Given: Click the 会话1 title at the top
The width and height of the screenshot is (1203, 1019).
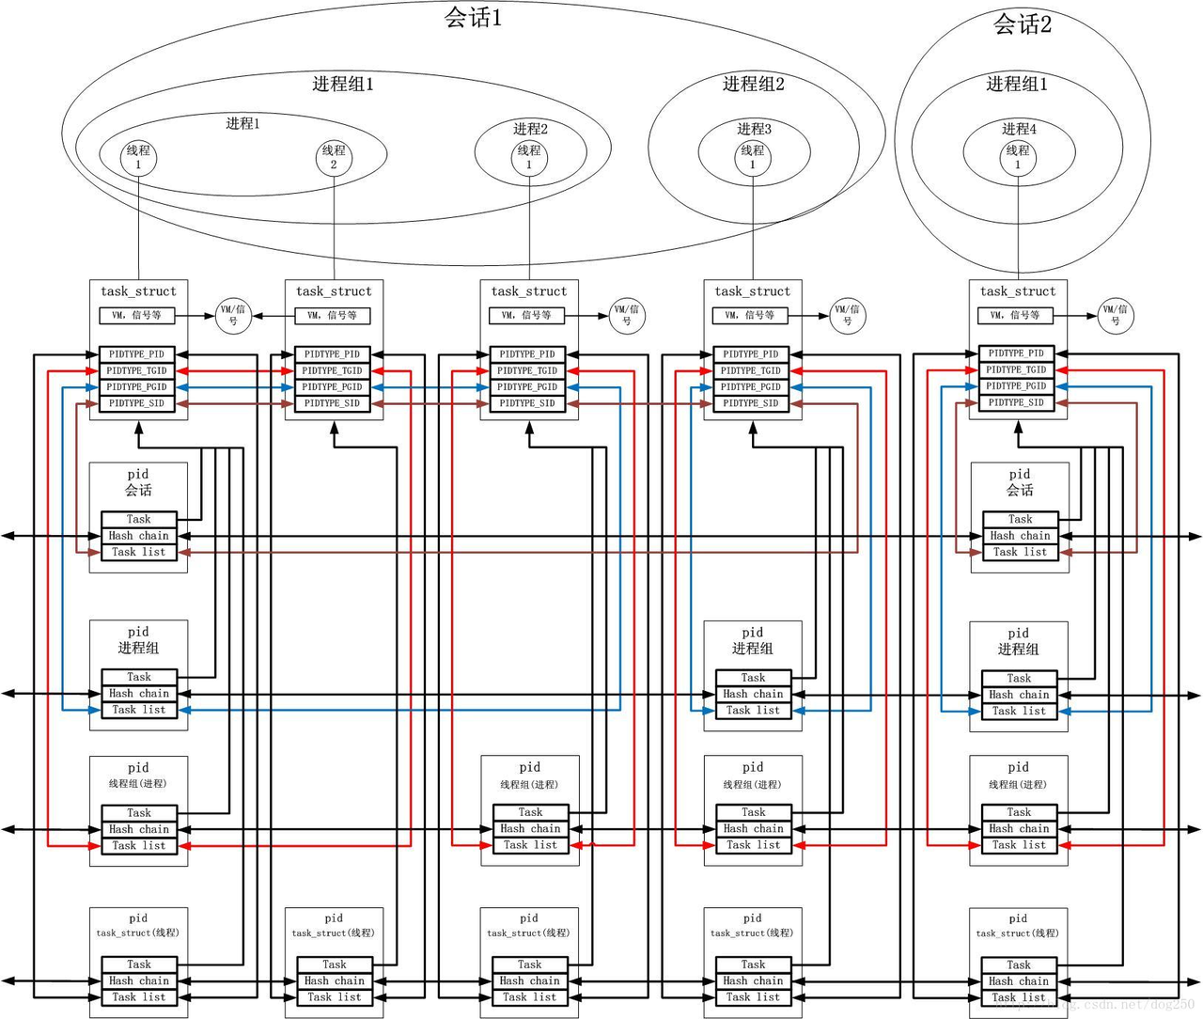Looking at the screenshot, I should click(x=473, y=18).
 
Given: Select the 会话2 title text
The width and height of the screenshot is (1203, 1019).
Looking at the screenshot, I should click(x=1023, y=24).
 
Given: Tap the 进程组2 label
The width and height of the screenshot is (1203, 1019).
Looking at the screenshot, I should click(x=753, y=84).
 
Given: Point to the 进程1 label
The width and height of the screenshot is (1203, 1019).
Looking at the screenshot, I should click(x=242, y=123).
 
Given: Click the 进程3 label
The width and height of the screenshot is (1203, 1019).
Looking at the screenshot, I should click(x=754, y=129).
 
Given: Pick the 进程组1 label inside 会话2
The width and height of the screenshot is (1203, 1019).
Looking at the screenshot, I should click(x=1017, y=84).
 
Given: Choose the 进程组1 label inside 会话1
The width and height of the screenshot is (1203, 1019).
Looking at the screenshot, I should click(x=343, y=84).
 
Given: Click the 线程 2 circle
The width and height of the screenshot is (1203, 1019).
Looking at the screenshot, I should click(x=334, y=157).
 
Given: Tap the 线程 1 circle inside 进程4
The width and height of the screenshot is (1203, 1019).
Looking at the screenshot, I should click(x=1018, y=157).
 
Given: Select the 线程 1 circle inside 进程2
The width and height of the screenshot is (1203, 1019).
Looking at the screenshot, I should click(x=529, y=157).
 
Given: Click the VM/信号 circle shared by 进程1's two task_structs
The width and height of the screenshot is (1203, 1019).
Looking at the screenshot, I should click(x=233, y=315).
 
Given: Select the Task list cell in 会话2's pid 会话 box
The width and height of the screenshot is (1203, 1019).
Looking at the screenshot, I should click(x=1020, y=553).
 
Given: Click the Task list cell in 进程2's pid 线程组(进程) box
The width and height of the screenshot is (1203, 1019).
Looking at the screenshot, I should click(x=530, y=845).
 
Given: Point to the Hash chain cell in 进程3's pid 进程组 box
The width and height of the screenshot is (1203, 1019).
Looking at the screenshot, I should click(x=753, y=694).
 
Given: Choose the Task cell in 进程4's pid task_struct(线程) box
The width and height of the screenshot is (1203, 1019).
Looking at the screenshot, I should click(x=1019, y=964).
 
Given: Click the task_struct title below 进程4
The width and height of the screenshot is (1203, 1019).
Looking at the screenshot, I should click(x=1018, y=291).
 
